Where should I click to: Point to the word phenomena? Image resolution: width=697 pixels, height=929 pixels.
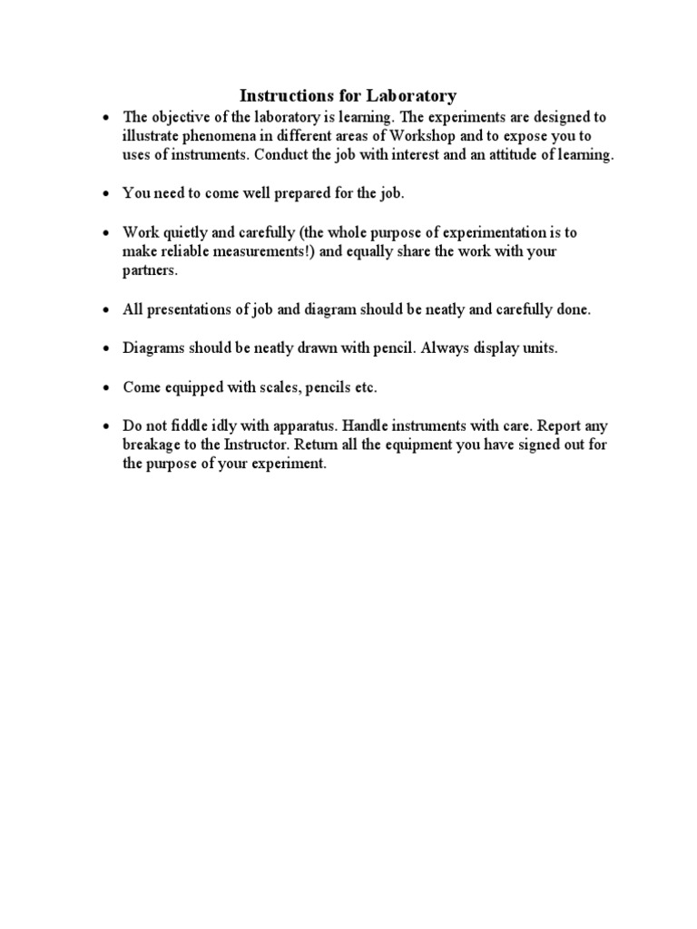tap(216, 136)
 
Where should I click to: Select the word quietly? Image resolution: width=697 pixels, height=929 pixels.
tap(189, 232)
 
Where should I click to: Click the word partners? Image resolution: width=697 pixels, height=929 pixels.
tap(150, 270)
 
